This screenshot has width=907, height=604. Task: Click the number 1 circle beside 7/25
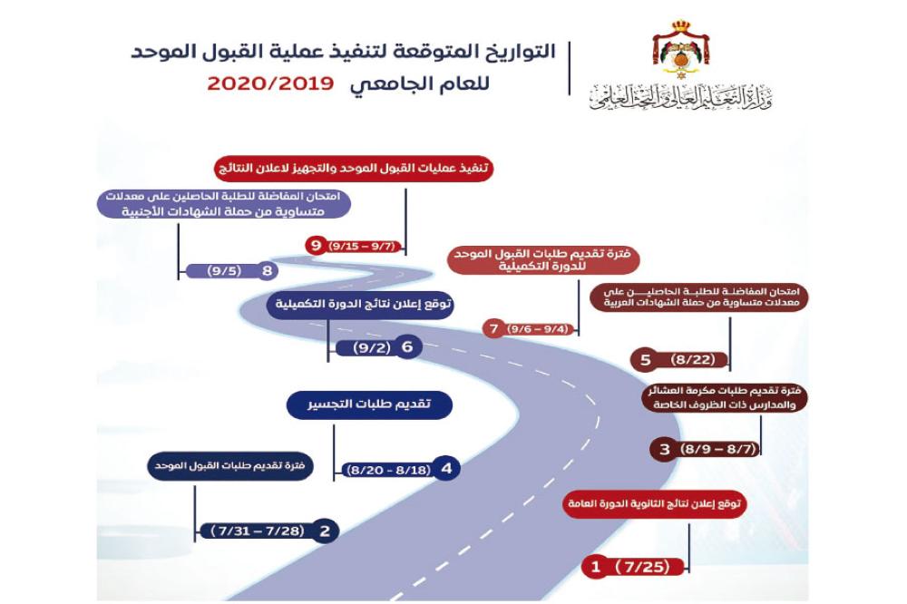[596, 568]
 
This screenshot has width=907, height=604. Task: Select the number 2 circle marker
[325, 531]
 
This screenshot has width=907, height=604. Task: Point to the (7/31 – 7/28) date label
[257, 531]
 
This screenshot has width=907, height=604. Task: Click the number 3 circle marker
[665, 449]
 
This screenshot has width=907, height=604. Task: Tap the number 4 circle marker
[446, 469]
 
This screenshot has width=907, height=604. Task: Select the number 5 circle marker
[646, 360]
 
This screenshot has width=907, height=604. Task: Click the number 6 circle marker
[407, 346]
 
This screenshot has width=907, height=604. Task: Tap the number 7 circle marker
[494, 329]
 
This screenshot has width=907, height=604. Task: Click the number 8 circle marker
[267, 270]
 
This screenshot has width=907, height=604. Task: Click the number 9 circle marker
[315, 245]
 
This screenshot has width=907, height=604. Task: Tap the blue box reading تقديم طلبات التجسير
[369, 405]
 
